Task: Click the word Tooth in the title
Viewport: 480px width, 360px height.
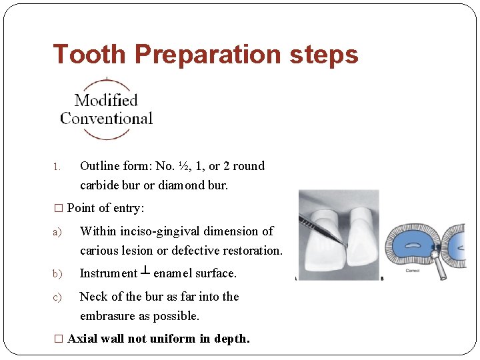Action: pos(89,55)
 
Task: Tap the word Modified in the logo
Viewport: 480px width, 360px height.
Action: pos(106,101)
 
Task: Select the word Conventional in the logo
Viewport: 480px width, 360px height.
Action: pos(106,119)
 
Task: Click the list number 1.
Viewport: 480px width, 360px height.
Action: pos(57,167)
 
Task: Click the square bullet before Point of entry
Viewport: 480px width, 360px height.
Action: pos(58,209)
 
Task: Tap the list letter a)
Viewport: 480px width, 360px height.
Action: pos(57,232)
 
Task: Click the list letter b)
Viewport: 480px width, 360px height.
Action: pos(57,274)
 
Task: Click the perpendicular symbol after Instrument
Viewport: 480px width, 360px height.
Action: pos(145,273)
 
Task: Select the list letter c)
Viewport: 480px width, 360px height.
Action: pos(57,297)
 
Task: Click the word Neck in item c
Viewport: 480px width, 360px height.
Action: pos(93,297)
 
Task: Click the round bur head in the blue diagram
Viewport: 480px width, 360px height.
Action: pos(437,255)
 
